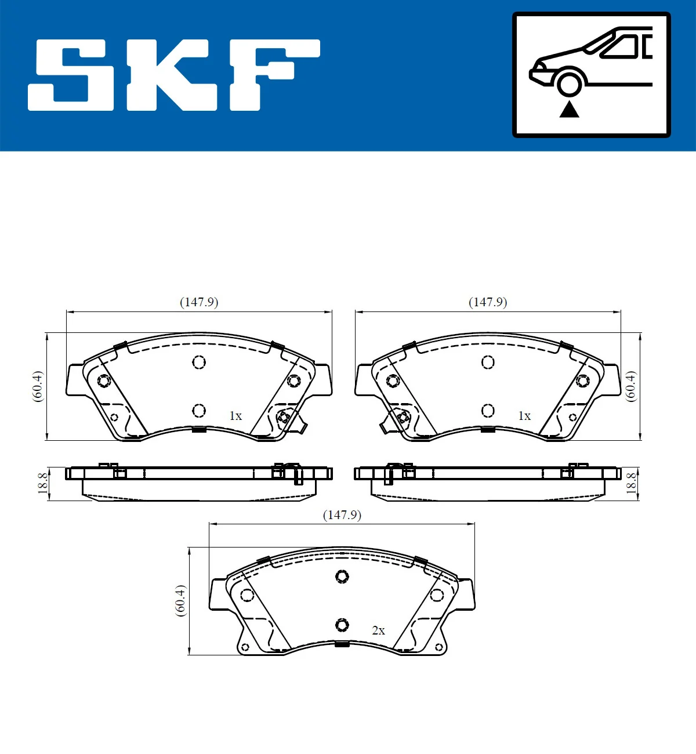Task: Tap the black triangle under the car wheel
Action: (x=569, y=108)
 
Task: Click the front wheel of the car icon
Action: (x=569, y=83)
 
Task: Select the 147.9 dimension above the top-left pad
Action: (x=199, y=302)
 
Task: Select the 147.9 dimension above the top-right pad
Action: (x=488, y=302)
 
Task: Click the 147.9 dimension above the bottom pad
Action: (x=342, y=515)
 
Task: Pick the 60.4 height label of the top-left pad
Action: (x=38, y=386)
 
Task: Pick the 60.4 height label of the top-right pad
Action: (x=631, y=386)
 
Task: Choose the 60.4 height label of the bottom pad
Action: (x=181, y=600)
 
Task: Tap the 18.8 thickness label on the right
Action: (x=631, y=483)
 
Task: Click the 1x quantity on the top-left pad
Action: (x=235, y=416)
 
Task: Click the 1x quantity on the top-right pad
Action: (x=524, y=416)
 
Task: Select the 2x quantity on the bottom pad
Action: (x=378, y=630)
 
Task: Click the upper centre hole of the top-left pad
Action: (x=199, y=362)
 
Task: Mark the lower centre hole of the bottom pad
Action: (x=342, y=625)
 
